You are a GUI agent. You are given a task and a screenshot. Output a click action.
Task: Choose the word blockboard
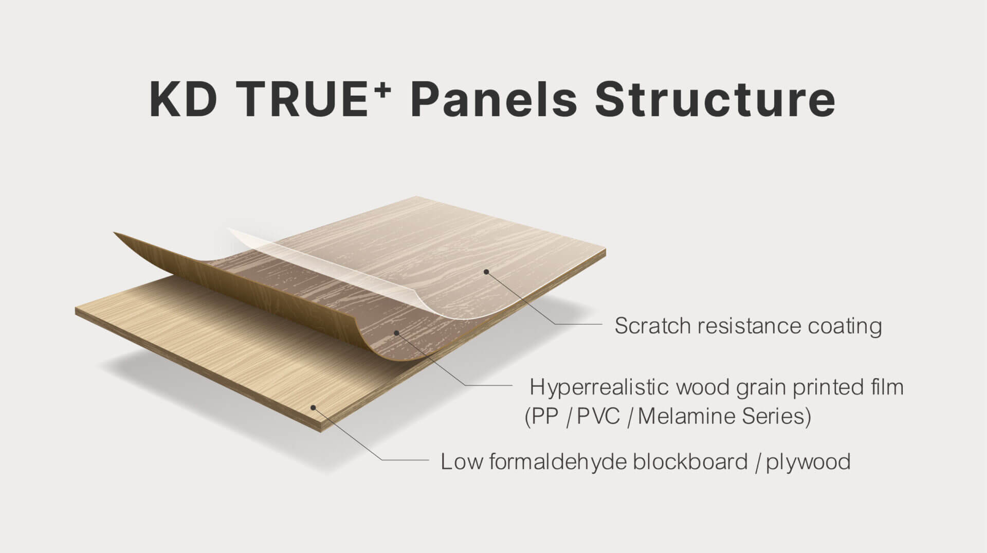[x=690, y=461]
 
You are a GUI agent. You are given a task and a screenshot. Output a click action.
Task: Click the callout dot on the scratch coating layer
[x=485, y=271]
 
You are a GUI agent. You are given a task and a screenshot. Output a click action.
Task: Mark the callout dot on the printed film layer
[x=396, y=333]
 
